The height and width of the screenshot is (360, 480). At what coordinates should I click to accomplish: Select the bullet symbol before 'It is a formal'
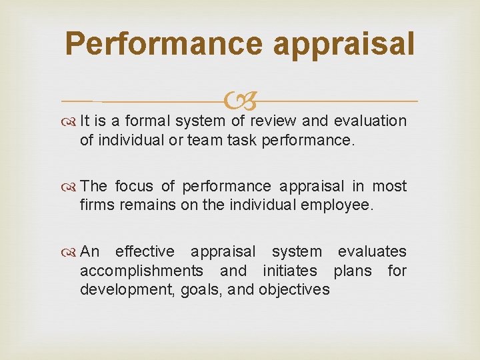click(x=70, y=121)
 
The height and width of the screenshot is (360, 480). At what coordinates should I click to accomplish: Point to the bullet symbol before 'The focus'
click(x=70, y=187)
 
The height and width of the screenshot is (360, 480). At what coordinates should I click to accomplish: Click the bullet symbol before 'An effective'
click(x=70, y=252)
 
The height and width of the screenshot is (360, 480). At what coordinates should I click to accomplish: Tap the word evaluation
click(x=369, y=121)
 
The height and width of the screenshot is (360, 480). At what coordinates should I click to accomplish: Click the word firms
click(x=97, y=205)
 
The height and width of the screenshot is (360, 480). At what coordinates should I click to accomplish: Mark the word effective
click(x=145, y=251)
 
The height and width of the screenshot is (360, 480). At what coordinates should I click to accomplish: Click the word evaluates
click(x=372, y=251)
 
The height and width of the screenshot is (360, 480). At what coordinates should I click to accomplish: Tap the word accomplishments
click(x=141, y=271)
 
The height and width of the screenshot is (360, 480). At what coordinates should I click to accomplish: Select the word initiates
click(x=290, y=270)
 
